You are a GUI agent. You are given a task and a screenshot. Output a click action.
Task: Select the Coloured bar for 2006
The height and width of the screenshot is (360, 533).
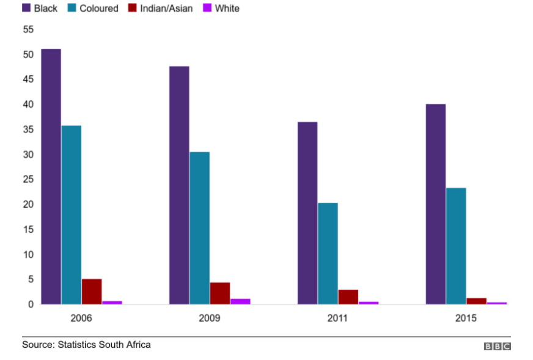click(72, 215)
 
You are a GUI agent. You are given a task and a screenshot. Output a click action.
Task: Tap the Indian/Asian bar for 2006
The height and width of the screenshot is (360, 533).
click(92, 292)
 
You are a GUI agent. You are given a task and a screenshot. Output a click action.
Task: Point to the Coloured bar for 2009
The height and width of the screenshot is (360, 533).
click(199, 227)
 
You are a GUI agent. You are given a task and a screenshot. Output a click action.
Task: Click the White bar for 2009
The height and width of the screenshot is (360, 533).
click(240, 301)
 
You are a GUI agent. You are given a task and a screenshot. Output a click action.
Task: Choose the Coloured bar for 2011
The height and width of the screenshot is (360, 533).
click(328, 253)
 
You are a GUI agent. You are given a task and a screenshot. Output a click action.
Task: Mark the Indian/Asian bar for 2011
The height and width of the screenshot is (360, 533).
click(348, 296)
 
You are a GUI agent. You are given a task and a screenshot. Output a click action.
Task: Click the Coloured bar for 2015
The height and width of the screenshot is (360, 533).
click(456, 246)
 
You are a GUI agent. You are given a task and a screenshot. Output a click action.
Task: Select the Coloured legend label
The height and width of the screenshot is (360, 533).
click(98, 9)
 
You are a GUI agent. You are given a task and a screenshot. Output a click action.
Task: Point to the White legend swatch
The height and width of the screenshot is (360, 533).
click(207, 8)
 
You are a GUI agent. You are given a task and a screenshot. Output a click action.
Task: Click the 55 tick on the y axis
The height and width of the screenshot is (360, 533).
click(28, 29)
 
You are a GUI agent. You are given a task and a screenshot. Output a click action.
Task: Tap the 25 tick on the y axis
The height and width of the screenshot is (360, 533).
click(28, 180)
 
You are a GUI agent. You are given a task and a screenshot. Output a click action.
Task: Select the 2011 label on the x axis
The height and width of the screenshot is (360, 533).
click(337, 318)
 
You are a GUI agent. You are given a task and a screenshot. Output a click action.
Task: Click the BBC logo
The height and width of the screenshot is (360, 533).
click(497, 347)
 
